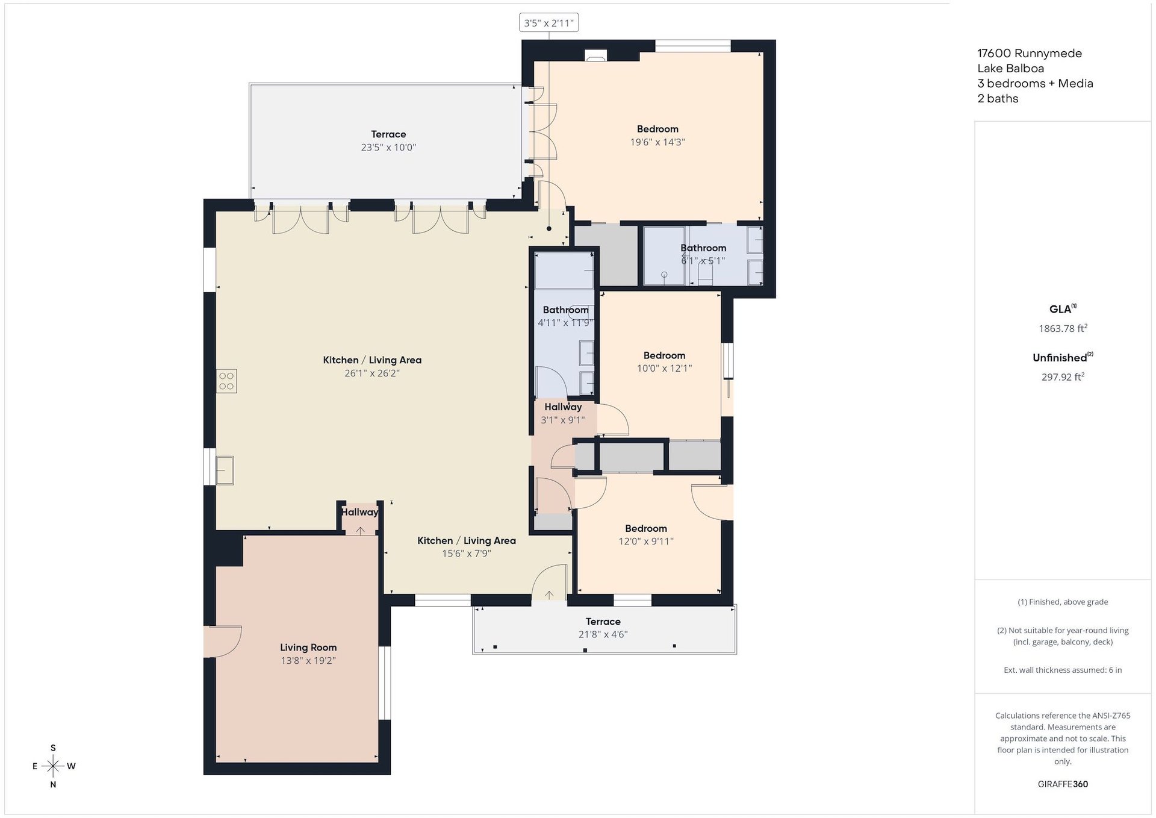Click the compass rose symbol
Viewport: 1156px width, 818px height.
54,766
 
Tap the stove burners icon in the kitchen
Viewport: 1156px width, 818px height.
226,381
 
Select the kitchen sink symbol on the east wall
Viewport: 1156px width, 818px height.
225,470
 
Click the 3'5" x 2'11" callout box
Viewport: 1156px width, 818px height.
548,23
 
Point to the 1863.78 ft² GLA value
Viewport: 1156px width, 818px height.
1063,328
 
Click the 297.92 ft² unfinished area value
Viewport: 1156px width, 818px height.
1063,377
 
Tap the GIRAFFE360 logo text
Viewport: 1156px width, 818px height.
1063,784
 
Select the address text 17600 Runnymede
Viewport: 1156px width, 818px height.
1030,54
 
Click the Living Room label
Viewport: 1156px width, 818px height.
308,648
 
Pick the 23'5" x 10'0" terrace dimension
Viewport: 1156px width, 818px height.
388,148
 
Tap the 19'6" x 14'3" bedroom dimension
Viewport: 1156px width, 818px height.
657,142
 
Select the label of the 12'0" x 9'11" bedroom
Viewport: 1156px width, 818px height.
646,528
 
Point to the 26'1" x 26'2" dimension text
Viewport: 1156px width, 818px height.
372,373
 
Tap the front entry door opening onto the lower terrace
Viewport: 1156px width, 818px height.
549,582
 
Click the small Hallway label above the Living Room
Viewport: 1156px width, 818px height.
360,512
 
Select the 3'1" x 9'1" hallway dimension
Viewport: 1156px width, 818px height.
563,420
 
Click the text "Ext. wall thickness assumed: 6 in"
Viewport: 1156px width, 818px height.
1063,670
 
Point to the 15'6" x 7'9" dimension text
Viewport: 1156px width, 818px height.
467,554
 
